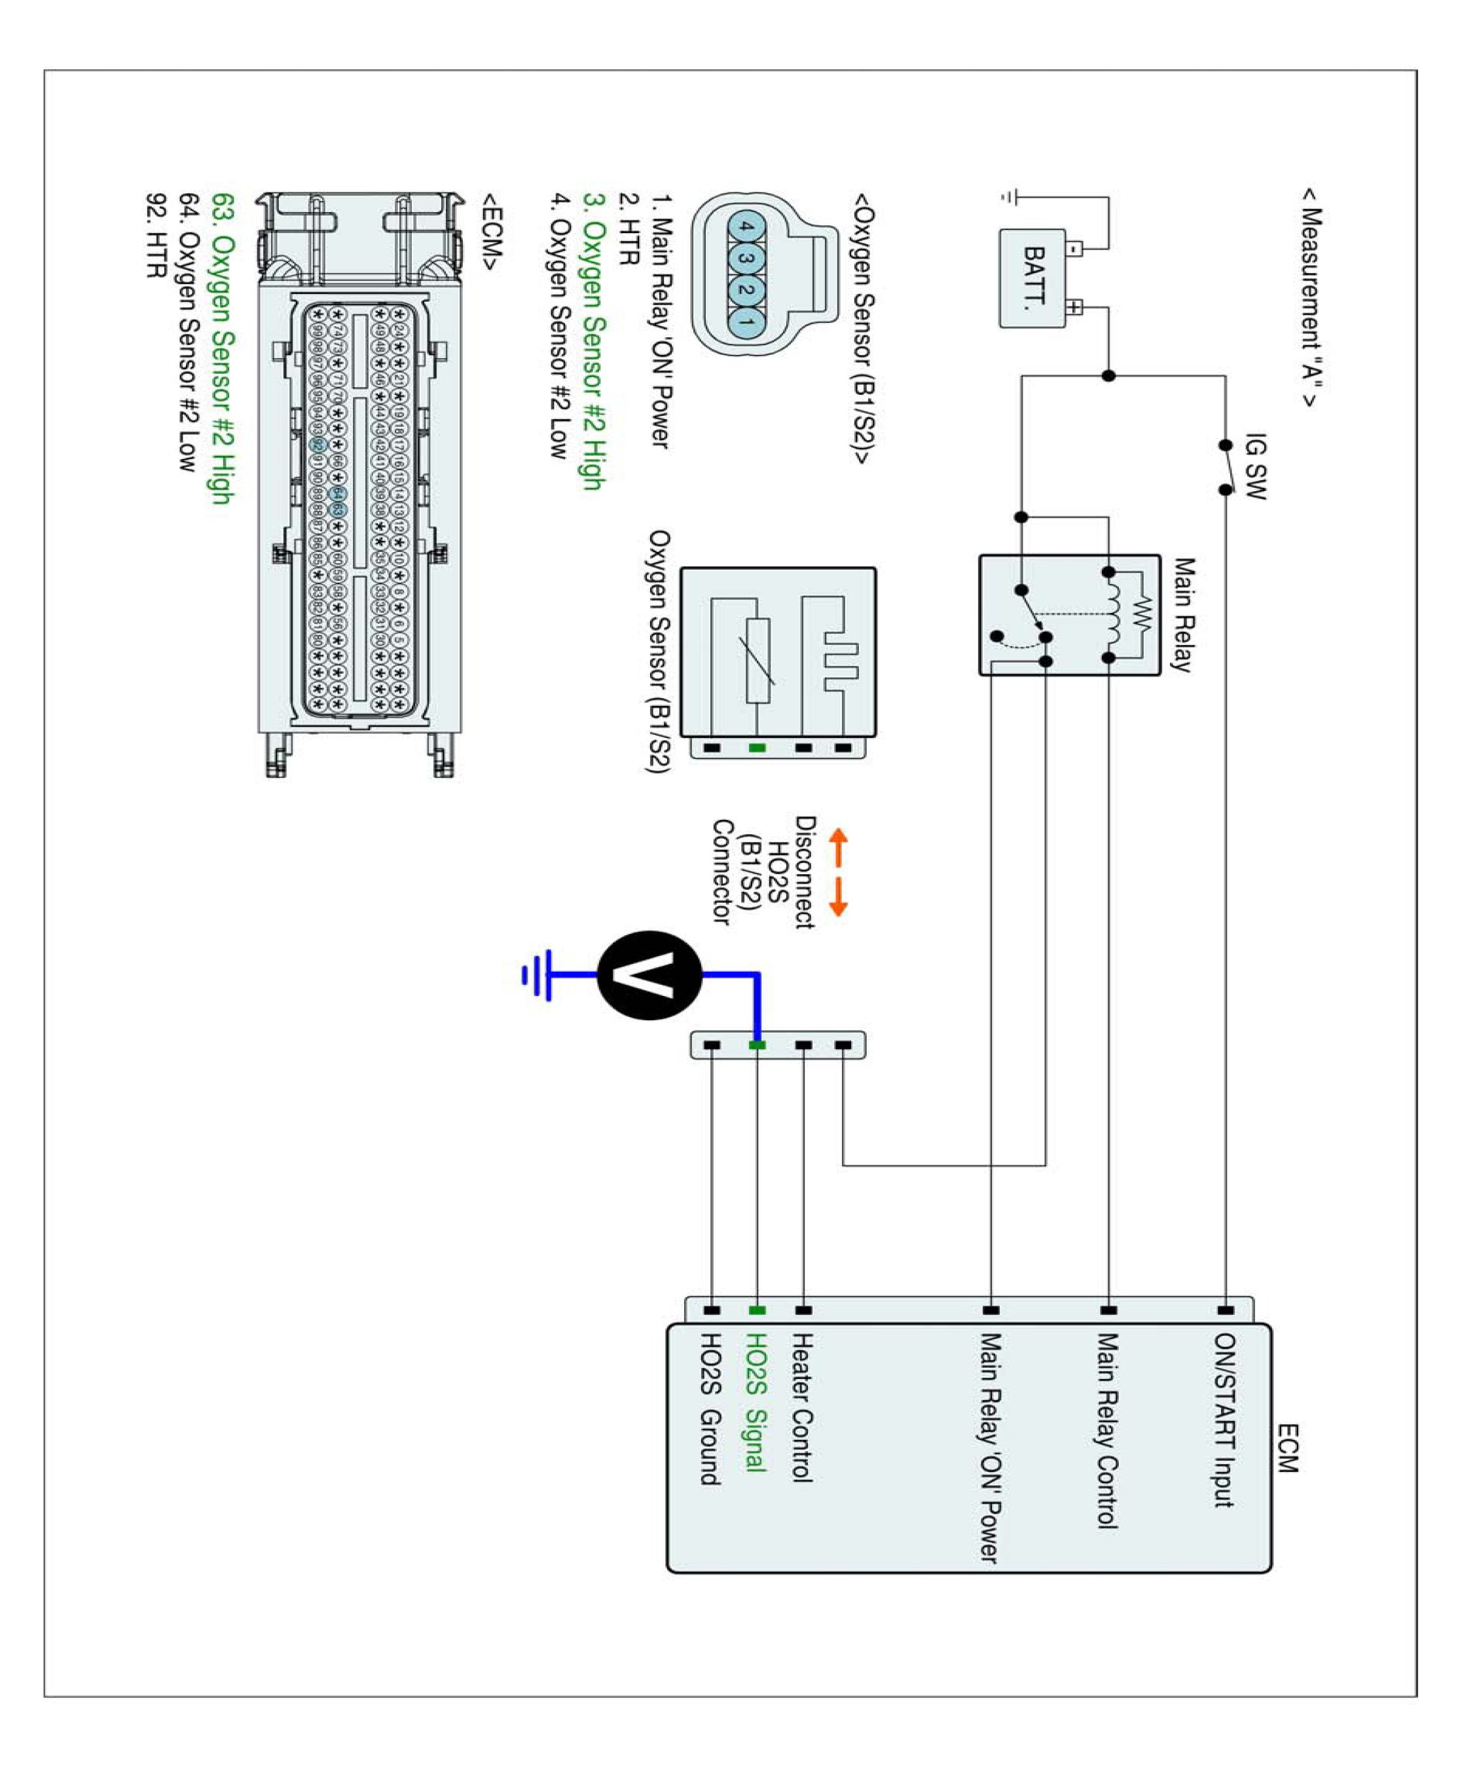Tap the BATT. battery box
click(1032, 278)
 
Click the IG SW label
click(1255, 466)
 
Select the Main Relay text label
click(1183, 614)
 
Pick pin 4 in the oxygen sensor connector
click(746, 227)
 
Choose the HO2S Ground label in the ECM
click(710, 1409)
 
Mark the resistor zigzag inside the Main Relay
click(1141, 615)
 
